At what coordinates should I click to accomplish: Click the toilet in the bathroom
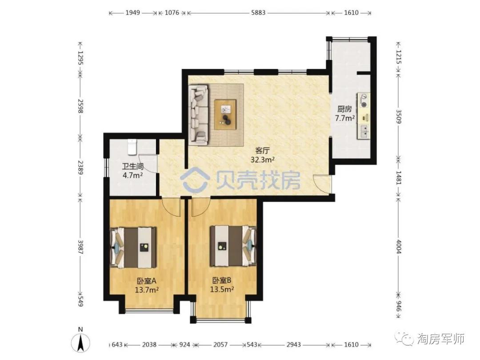tap(132, 147)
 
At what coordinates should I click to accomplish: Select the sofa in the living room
tap(198, 115)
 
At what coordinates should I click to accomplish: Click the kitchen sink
tap(364, 131)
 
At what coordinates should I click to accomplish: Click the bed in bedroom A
tap(133, 248)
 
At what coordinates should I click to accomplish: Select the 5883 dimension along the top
tap(258, 13)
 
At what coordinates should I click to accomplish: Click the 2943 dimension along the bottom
tap(294, 345)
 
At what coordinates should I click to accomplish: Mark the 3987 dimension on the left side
tap(80, 246)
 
